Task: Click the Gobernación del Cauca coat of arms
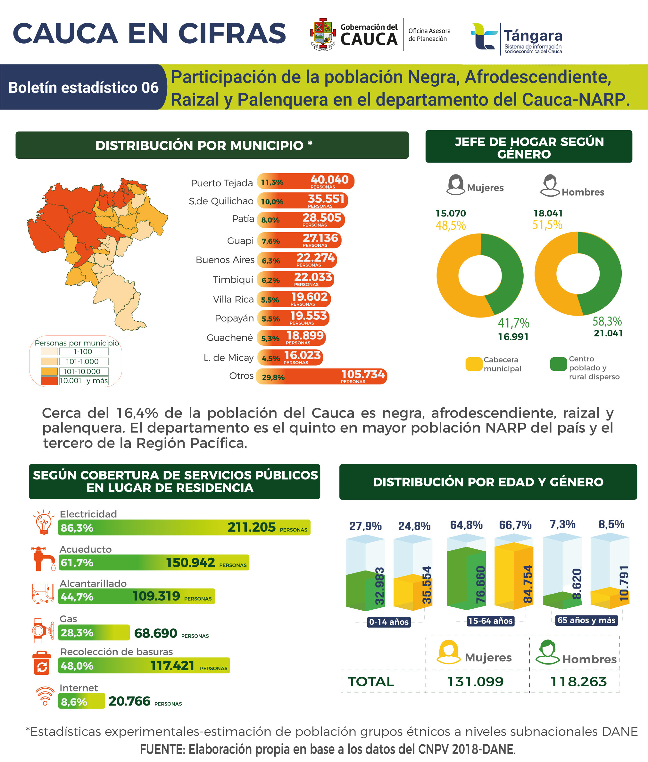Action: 322,34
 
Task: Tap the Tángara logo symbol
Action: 484,36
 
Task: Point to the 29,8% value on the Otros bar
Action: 273,377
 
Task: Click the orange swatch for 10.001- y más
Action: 49,381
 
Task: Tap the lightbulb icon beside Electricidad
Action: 43,522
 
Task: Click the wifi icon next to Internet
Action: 45,696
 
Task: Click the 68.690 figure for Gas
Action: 155,633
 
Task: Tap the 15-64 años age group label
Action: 490,621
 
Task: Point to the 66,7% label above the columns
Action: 515,525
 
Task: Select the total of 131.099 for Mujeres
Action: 475,682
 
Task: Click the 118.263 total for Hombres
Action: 578,682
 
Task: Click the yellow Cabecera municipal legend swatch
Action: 474,364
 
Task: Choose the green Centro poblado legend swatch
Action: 558,364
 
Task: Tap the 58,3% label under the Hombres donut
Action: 607,322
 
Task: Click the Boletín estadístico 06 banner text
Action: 83,88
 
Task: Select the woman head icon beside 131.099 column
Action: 448,652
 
